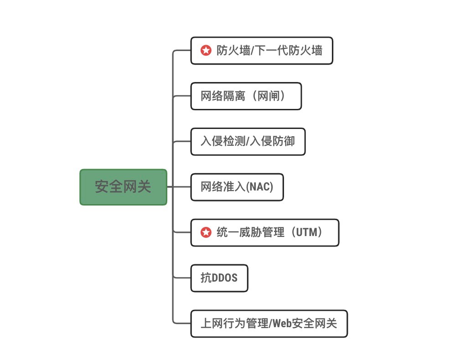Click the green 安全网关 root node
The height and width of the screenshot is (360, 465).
click(x=124, y=187)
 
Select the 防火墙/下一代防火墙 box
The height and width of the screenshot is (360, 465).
click(x=262, y=51)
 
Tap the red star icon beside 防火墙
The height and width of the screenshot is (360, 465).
click(x=206, y=51)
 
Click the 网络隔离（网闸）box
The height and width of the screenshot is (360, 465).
click(x=246, y=96)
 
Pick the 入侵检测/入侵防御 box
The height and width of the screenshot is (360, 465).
click(x=248, y=141)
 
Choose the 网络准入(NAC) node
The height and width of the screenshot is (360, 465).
click(x=237, y=187)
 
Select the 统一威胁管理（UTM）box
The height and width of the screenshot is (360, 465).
click(x=264, y=232)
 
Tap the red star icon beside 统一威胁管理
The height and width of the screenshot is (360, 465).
click(x=206, y=232)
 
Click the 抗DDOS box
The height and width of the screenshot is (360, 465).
click(x=219, y=278)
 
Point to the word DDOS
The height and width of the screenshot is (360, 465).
click(x=224, y=278)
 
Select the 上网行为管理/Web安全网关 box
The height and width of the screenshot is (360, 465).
click(x=269, y=324)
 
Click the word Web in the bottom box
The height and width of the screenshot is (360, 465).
click(x=282, y=323)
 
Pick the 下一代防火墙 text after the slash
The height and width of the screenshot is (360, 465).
click(x=288, y=51)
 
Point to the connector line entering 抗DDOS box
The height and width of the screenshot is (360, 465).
click(x=182, y=278)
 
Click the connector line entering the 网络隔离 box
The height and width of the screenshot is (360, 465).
click(x=182, y=96)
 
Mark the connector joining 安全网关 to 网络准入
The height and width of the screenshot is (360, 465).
click(x=179, y=187)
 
